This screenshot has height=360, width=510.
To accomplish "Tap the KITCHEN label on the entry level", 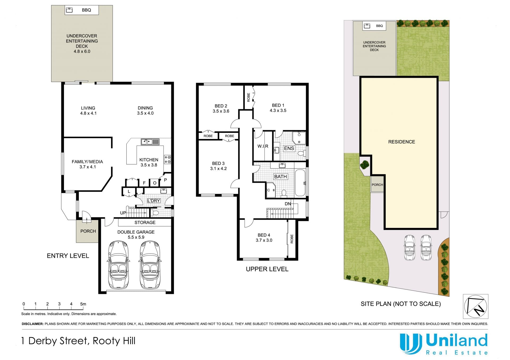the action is click(x=149, y=160).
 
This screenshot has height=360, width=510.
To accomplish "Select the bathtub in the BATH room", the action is click(x=300, y=183).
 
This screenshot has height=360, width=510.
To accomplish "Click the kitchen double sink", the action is click(x=150, y=142).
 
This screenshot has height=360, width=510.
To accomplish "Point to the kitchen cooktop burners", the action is click(x=168, y=159).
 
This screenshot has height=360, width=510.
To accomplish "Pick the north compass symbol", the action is click(x=475, y=306).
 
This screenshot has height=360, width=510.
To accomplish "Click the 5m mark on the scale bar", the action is click(x=83, y=304).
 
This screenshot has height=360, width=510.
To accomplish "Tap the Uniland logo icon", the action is click(x=411, y=344).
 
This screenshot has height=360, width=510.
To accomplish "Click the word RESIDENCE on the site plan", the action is click(x=401, y=142).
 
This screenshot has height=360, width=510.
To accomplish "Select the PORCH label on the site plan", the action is click(x=377, y=185).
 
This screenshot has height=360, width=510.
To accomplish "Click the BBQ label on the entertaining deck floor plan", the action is click(x=86, y=10).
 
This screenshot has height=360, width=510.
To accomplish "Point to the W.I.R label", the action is click(x=263, y=146).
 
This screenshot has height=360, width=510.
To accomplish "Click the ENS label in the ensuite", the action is click(x=289, y=148).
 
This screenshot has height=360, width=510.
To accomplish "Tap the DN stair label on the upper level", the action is click(x=288, y=204).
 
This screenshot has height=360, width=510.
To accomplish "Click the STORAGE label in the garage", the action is click(x=145, y=223).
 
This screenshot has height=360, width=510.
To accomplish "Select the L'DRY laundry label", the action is click(x=154, y=201).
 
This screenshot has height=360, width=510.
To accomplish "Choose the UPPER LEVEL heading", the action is click(x=267, y=269).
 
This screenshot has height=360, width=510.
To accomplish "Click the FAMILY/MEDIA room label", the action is click(x=87, y=162).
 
